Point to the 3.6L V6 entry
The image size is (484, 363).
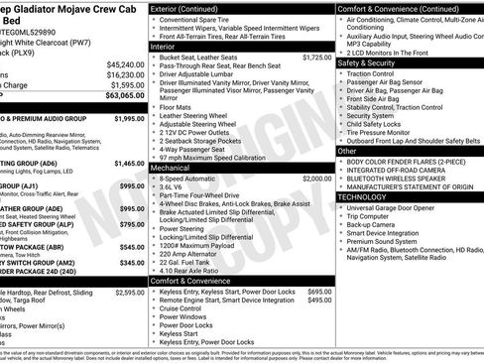pos(176,188)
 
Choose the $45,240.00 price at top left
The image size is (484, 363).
pos(123,64)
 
